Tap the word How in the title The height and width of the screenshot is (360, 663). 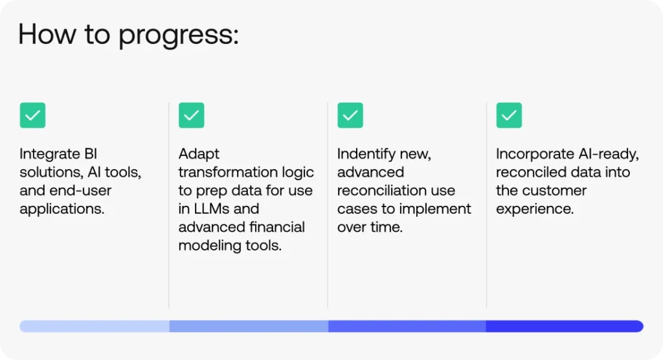tap(47, 34)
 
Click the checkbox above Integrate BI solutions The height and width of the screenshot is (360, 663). tap(32, 115)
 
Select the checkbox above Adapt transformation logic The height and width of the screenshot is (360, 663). tap(192, 115)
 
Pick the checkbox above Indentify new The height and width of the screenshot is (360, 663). tap(350, 115)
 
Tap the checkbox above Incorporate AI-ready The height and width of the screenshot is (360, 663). tap(509, 115)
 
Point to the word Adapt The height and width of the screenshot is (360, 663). tap(199, 154)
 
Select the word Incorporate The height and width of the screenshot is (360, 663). tap(535, 153)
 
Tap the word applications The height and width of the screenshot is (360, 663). tap(62, 209)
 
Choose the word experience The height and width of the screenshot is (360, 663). tap(535, 209)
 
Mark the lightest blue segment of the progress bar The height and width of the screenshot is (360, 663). tap(95, 326)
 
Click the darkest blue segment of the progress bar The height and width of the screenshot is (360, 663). tap(565, 326)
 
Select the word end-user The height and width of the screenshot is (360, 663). tap(80, 190)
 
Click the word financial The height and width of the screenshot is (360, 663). tap(277, 227)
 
